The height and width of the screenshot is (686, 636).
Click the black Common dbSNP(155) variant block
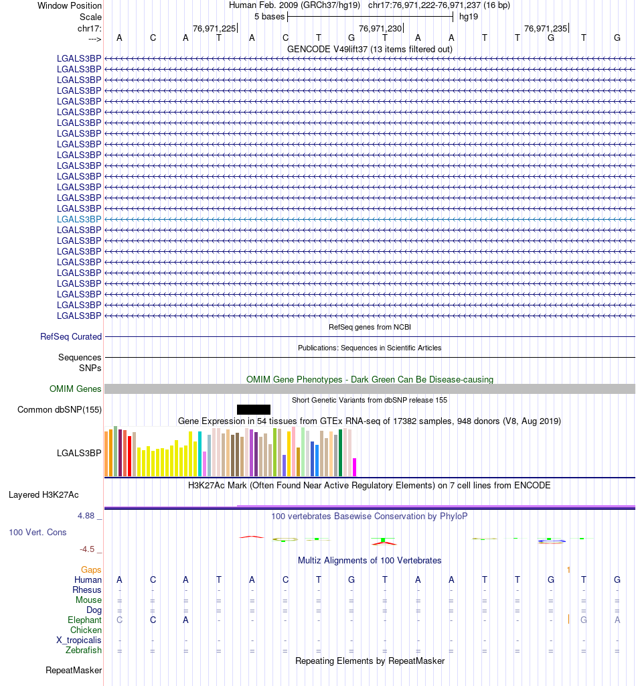click(x=253, y=409)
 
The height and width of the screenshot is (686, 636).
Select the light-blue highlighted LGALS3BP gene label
click(x=79, y=219)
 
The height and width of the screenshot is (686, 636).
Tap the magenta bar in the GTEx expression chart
click(x=354, y=467)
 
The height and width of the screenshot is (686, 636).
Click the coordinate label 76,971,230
click(x=380, y=28)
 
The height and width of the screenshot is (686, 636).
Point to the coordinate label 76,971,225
click(x=214, y=28)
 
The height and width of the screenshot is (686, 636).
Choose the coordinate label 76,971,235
click(x=546, y=28)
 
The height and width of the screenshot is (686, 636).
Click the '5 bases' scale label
click(x=269, y=16)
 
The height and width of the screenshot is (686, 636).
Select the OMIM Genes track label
click(x=76, y=389)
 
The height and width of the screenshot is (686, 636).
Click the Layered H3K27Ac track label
click(x=44, y=495)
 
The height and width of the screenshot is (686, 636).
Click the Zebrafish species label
click(x=84, y=650)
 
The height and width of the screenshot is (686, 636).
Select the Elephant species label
click(x=85, y=620)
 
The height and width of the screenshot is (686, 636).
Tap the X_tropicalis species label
click(x=79, y=640)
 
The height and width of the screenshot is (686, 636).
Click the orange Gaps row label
click(x=91, y=569)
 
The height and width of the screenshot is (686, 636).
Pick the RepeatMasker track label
click(x=74, y=670)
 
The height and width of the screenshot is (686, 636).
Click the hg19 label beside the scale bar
click(x=469, y=16)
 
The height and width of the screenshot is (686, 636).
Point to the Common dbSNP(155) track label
click(x=60, y=409)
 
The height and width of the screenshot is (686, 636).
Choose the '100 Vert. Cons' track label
click(x=37, y=533)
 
